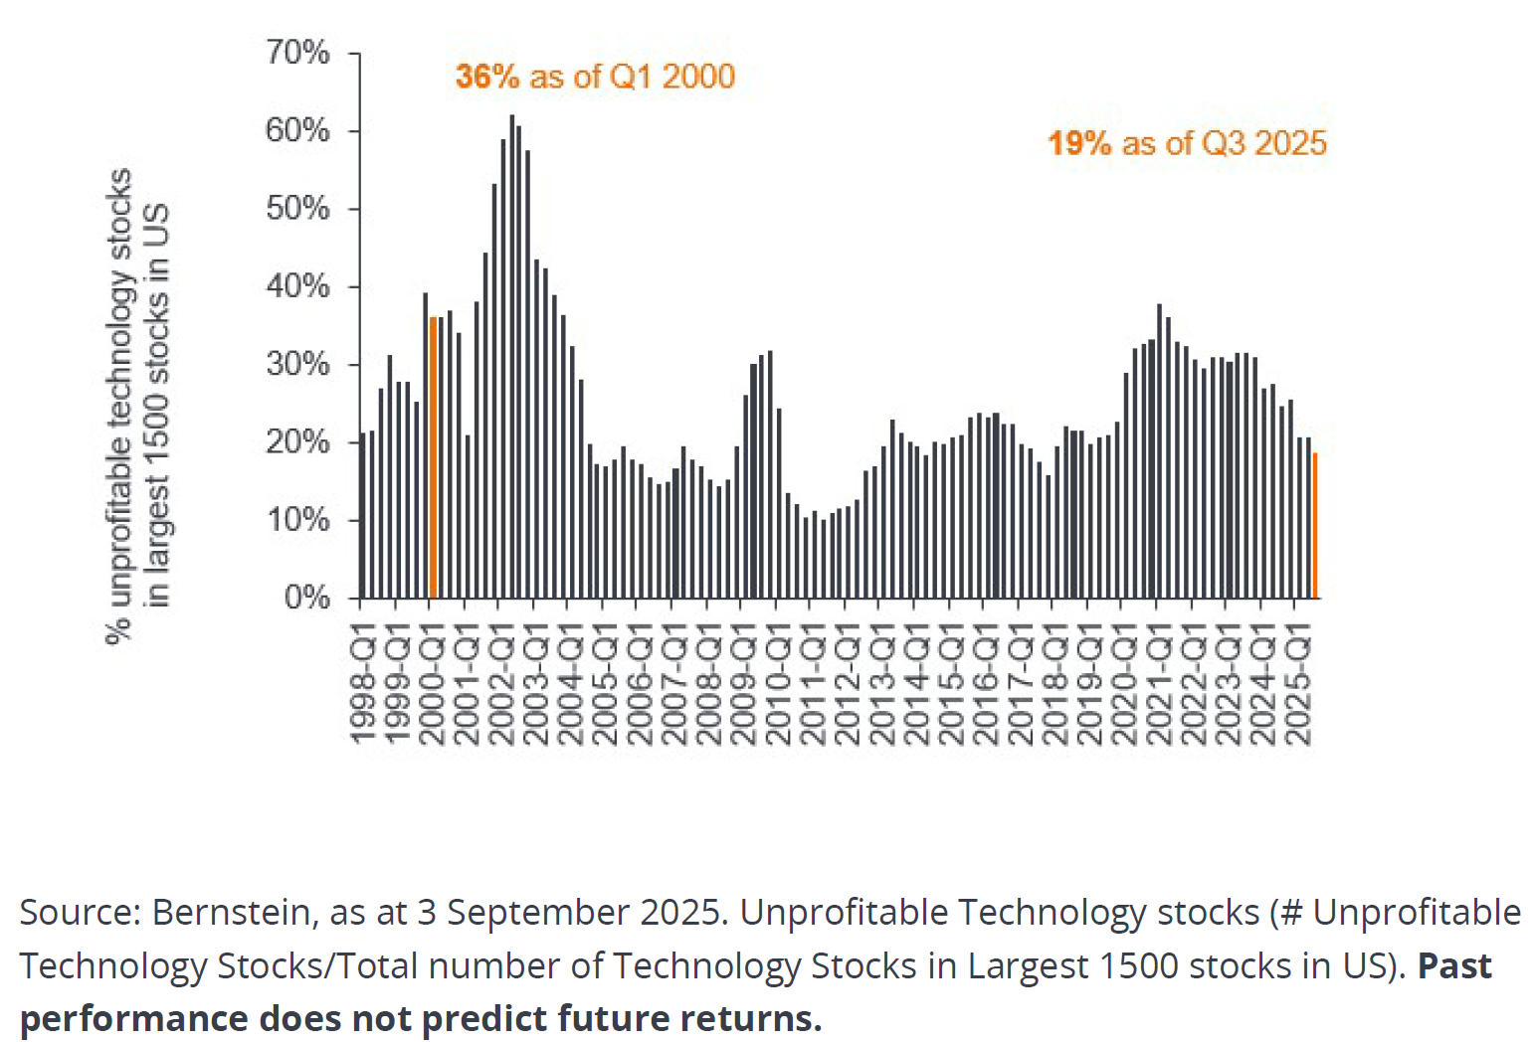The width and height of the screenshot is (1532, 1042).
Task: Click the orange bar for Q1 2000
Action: tap(433, 457)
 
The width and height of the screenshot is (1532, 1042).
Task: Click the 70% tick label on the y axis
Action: tap(297, 52)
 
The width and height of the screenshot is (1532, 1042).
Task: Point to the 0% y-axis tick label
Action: tap(306, 597)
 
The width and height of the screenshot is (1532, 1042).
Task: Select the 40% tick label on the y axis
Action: tap(297, 286)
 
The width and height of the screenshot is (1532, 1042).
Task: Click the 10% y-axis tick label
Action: tap(297, 519)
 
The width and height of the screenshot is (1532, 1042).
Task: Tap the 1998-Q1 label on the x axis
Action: tap(364, 684)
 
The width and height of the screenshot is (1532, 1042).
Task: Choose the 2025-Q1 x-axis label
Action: tap(1298, 684)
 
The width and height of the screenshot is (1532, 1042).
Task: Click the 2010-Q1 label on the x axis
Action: tap(779, 684)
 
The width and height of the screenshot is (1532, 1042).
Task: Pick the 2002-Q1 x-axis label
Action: tap(502, 684)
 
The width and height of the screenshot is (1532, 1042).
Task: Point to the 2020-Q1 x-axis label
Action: tap(1125, 684)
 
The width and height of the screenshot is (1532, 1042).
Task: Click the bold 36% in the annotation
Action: tap(487, 77)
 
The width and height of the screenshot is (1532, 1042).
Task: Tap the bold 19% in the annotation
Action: tap(1079, 143)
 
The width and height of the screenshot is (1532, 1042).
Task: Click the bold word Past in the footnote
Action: tap(1454, 965)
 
